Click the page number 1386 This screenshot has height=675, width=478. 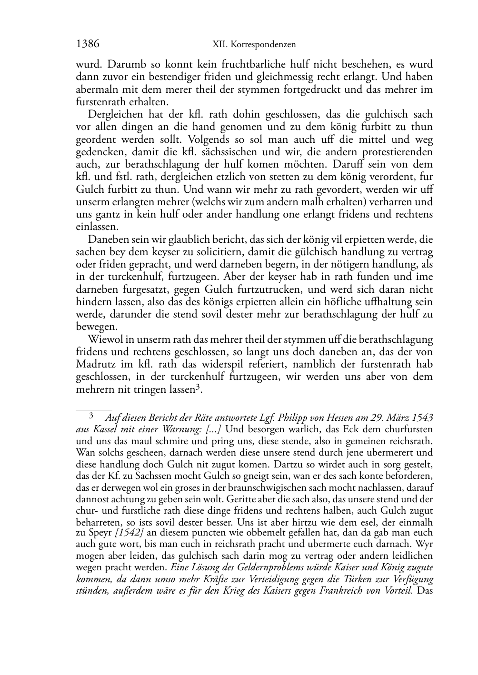[88, 44]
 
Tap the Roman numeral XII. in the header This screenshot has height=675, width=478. [221, 45]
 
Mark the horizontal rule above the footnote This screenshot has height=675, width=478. [94, 409]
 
